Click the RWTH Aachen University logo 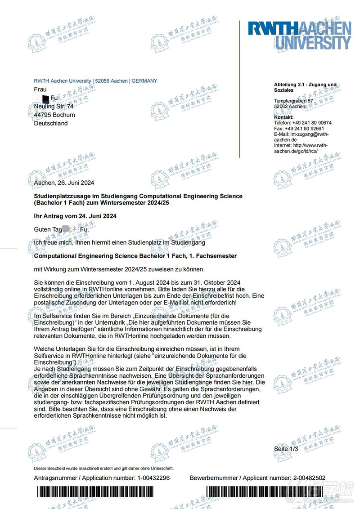pyautogui.click(x=299, y=36)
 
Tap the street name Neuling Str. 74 pyautogui.click(x=54, y=107)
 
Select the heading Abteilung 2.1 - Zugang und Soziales pyautogui.click(x=305, y=87)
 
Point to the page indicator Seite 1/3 pyautogui.click(x=286, y=449)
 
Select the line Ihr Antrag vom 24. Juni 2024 pyautogui.click(x=75, y=216)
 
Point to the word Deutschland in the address pyautogui.click(x=51, y=123)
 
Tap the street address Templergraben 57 pyautogui.click(x=293, y=101)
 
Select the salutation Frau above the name pyautogui.click(x=40, y=89)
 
